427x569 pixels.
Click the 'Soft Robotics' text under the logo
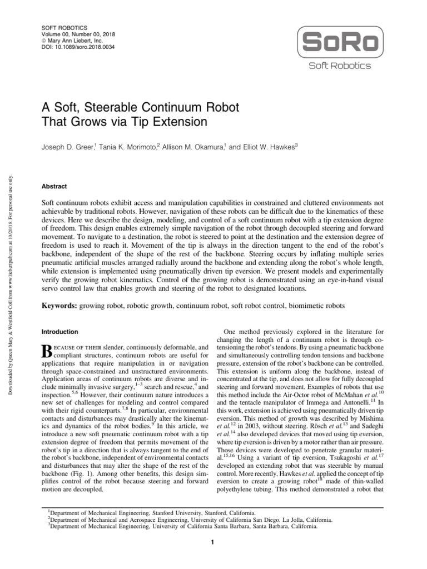tap(340, 66)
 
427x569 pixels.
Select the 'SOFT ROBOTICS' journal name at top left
tap(63, 27)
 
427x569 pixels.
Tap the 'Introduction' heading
tap(60, 332)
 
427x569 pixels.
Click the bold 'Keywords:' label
tap(60, 306)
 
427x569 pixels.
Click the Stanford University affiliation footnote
tap(150, 512)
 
